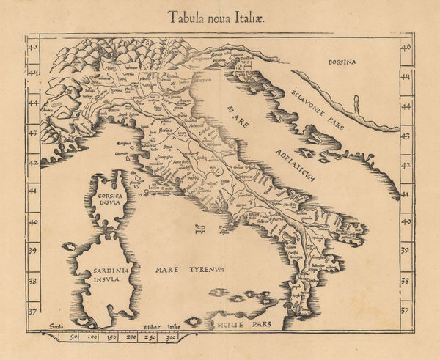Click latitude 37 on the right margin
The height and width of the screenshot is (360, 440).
(x=406, y=309)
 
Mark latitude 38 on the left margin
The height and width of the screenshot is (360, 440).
(x=32, y=280)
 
